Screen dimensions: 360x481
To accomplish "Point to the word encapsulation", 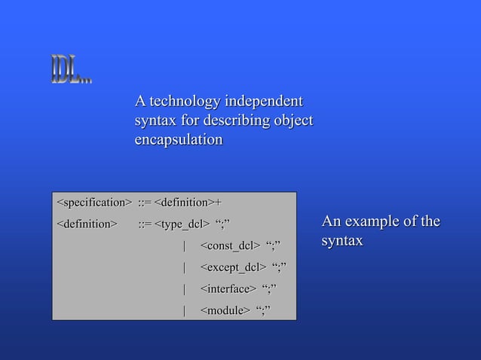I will [x=178, y=140].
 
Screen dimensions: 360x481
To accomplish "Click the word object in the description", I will [x=293, y=121].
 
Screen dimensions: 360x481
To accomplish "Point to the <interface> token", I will [x=228, y=288].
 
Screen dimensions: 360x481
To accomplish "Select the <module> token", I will [x=225, y=310].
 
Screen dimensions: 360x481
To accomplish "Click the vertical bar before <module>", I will [x=185, y=310].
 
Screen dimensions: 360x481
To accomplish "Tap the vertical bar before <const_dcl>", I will [x=185, y=246].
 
